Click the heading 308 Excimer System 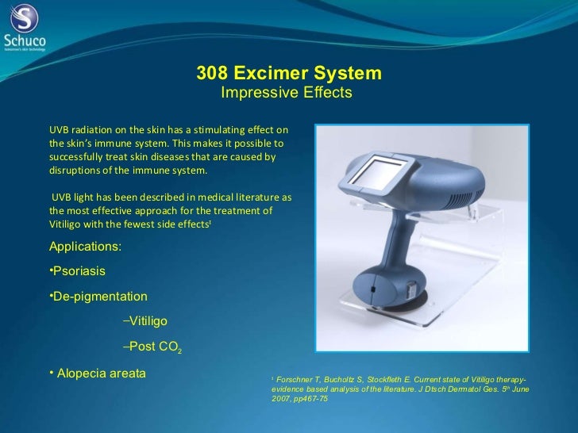point(289,74)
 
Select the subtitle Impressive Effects point(286,94)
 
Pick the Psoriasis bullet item point(77,271)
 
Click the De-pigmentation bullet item point(98,296)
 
